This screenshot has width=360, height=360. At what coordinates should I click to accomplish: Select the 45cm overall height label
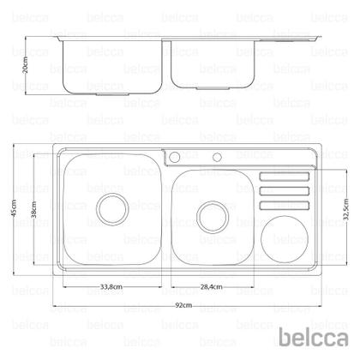(x=15, y=212)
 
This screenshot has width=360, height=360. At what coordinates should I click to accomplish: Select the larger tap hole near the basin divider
(x=173, y=157)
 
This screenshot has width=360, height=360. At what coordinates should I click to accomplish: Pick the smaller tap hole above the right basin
(x=217, y=157)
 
